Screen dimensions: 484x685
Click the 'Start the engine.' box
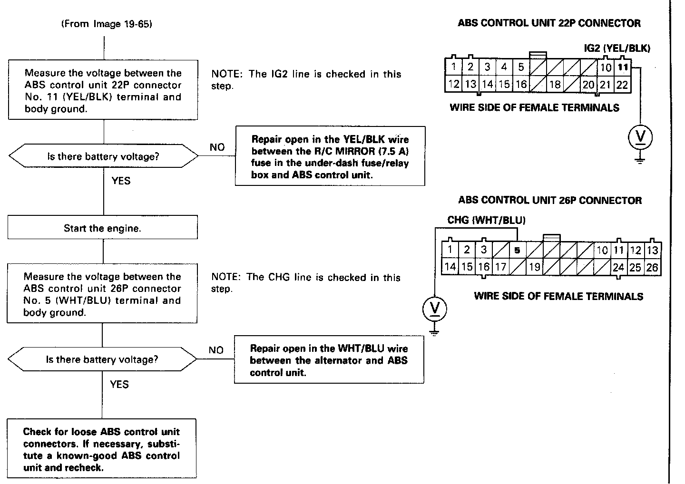coord(102,228)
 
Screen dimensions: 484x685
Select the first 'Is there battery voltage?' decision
coord(103,156)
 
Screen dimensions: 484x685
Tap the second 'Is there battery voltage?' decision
coord(102,359)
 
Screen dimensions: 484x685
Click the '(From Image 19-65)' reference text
coord(107,24)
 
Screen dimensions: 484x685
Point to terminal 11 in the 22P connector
coord(623,67)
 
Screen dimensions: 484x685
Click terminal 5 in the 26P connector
coord(517,250)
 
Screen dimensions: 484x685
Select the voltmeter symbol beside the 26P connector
coord(435,309)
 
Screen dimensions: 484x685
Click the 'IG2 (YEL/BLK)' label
coord(617,48)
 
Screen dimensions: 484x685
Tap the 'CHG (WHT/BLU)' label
coord(486,220)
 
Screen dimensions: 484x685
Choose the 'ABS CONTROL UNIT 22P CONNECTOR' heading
coord(549,23)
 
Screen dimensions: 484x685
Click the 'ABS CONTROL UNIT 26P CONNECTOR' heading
coord(550,200)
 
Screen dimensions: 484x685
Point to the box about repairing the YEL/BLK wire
coord(330,156)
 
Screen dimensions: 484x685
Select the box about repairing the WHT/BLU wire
coord(329,360)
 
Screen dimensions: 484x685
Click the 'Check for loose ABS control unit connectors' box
coord(102,449)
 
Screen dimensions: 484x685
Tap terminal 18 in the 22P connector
coord(555,85)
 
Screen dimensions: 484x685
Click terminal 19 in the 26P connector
coord(535,267)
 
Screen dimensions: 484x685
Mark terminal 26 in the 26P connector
coord(652,267)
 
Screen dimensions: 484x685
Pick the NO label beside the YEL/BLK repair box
coord(217,147)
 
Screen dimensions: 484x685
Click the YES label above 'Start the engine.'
coord(121,181)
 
